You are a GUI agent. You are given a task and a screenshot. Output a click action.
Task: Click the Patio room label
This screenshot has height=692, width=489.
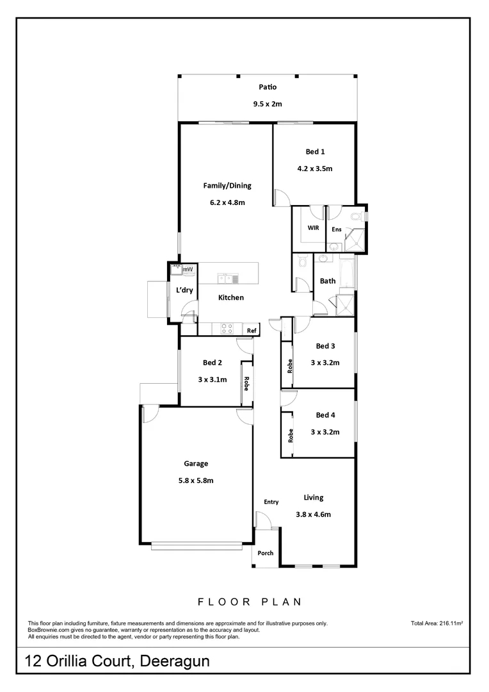[x=268, y=87]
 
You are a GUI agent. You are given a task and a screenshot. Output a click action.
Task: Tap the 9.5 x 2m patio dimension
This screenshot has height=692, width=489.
[x=268, y=104]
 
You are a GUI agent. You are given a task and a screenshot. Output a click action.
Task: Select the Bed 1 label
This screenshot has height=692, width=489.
[x=315, y=152]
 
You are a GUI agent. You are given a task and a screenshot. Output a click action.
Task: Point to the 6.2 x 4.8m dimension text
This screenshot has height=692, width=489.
[x=227, y=202]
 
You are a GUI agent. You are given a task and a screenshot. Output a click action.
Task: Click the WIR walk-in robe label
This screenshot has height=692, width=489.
[x=313, y=227]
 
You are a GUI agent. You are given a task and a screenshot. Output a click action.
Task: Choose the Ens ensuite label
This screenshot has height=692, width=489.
[x=336, y=229]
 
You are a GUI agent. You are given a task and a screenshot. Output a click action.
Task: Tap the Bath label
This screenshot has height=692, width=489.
[x=328, y=281]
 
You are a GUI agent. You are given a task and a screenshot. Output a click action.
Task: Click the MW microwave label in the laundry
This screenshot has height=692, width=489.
[x=188, y=270]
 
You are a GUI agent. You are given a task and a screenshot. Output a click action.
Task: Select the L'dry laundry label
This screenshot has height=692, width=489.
[x=184, y=290]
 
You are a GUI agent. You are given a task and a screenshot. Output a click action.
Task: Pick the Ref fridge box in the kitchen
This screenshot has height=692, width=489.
[x=252, y=331]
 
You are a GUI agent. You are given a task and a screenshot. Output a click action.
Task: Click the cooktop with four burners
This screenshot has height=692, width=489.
[x=227, y=328]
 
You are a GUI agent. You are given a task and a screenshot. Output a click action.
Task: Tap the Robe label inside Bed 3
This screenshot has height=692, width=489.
[x=290, y=367]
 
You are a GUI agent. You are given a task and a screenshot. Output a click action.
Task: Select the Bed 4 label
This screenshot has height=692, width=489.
[x=325, y=415]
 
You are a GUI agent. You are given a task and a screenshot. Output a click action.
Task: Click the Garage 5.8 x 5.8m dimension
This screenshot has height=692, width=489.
[x=196, y=480]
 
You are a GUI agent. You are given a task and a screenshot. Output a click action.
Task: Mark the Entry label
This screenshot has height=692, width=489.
[x=271, y=502]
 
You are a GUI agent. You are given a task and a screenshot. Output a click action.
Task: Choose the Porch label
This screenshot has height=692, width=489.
[x=265, y=553]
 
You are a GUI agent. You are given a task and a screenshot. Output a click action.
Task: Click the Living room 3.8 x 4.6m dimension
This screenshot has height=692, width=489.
[x=314, y=514]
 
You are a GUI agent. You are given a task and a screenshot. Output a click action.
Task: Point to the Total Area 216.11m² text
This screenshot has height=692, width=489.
[x=437, y=622]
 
